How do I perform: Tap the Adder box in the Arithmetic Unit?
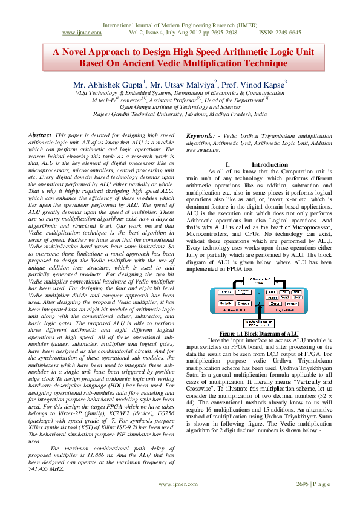pos(223,291)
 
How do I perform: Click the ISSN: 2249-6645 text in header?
pos(280,33)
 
